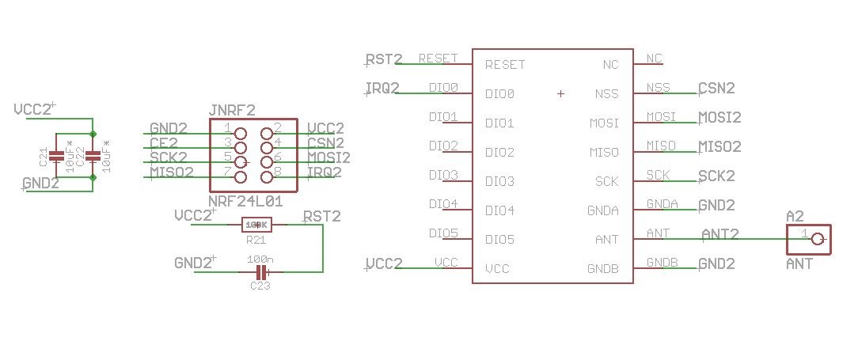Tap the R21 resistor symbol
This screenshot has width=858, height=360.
tap(256, 225)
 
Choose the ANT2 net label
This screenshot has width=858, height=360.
tap(720, 234)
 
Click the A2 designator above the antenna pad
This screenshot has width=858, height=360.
tap(795, 216)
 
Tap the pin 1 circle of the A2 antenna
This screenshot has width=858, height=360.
tap(818, 239)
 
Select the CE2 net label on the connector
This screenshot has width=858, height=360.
tap(168, 143)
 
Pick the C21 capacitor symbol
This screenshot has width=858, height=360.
tap(55, 156)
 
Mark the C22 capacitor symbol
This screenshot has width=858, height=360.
tap(93, 156)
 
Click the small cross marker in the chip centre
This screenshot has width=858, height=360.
tap(560, 94)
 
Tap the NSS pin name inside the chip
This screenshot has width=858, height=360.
tap(606, 94)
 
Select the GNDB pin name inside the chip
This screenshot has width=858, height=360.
tap(602, 269)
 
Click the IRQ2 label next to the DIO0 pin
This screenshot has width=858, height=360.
tap(383, 88)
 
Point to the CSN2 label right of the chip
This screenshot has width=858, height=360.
tap(716, 88)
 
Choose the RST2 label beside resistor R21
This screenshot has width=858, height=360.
tap(322, 217)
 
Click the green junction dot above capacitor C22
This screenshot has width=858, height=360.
tap(93, 132)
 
